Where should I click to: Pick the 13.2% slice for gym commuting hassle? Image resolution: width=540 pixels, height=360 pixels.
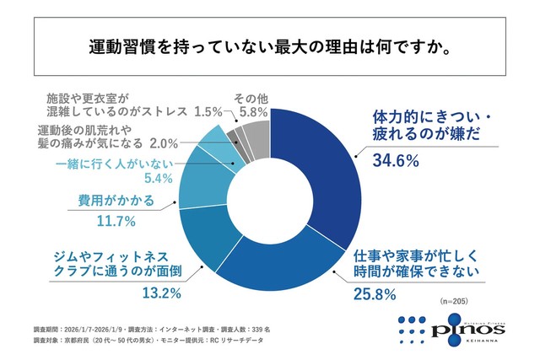[x=196, y=233]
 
